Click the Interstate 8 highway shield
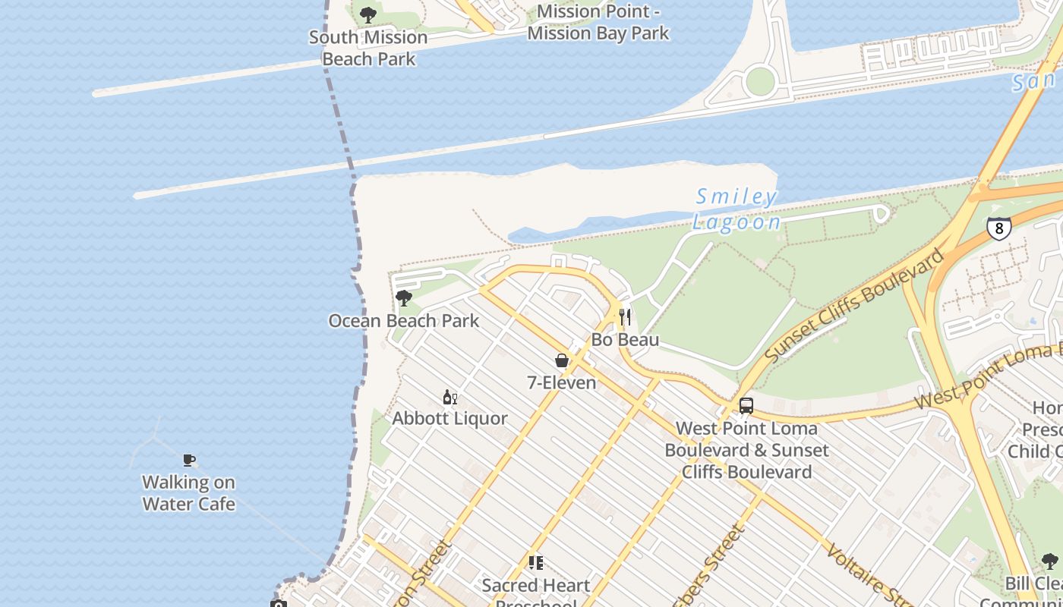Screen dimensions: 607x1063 click(999, 228)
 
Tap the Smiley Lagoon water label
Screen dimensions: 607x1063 click(737, 209)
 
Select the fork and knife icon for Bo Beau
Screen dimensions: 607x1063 click(625, 316)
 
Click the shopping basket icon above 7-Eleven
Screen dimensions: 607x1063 click(562, 360)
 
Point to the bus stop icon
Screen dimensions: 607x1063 click(746, 406)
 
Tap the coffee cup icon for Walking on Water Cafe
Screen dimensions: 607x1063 click(189, 460)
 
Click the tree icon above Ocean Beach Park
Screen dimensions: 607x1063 click(404, 298)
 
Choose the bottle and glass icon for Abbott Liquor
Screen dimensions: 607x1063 click(450, 397)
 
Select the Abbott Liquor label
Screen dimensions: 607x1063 click(449, 418)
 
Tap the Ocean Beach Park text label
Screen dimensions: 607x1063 click(404, 321)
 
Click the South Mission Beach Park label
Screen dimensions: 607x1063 click(368, 48)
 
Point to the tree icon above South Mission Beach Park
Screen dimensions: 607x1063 click(368, 14)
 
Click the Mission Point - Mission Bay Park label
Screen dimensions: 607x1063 click(598, 22)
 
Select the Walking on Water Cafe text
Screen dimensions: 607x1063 click(189, 493)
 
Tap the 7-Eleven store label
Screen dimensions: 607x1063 click(562, 382)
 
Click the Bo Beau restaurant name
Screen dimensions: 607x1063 click(625, 339)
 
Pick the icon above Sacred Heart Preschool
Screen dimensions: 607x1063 click(536, 563)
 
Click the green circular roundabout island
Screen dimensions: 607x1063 click(760, 81)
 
